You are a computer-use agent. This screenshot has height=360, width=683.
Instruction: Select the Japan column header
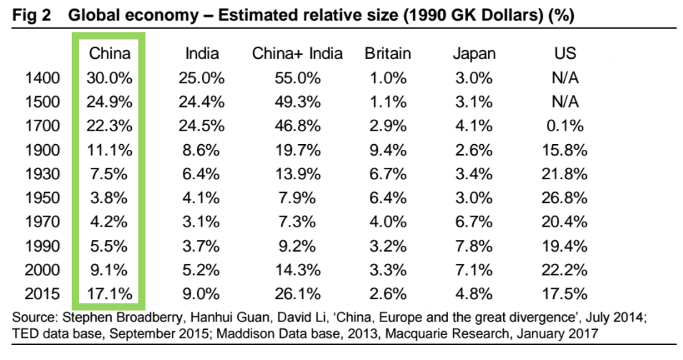click(x=474, y=53)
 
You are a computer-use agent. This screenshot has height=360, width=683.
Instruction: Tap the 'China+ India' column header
click(x=297, y=53)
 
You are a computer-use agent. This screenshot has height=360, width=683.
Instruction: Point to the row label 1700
click(x=42, y=125)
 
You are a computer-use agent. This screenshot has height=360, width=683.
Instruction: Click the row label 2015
click(x=42, y=294)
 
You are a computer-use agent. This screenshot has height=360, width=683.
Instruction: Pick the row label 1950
click(x=42, y=197)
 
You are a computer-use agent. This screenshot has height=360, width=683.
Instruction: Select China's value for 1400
click(x=109, y=77)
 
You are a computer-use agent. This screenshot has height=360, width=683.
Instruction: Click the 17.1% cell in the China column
click(x=109, y=294)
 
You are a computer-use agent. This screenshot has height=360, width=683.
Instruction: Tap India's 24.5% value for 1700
click(x=202, y=125)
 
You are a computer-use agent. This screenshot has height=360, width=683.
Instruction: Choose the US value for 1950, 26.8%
click(x=565, y=197)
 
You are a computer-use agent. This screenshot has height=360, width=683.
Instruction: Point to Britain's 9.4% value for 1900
click(x=387, y=150)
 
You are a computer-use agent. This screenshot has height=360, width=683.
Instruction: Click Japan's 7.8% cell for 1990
click(x=474, y=246)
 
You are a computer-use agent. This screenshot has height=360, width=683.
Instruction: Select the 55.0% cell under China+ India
click(x=297, y=77)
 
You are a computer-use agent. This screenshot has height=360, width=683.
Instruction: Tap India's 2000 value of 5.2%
click(x=202, y=270)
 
